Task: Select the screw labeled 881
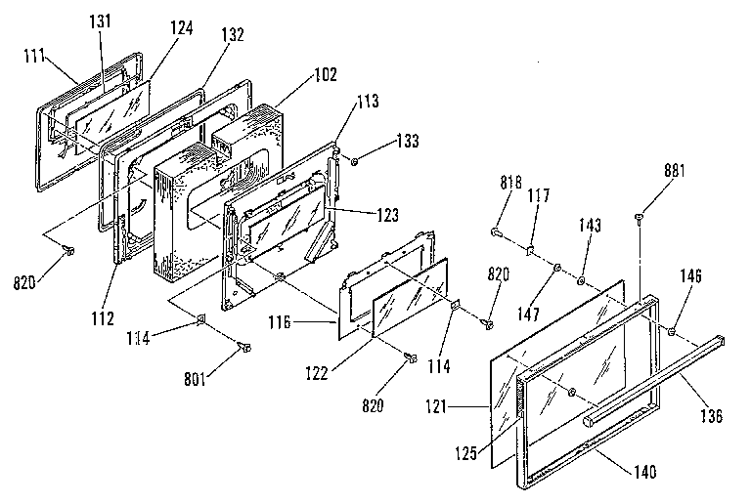pyautogui.click(x=638, y=218)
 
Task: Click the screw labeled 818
pyautogui.click(x=496, y=233)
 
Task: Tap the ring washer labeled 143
pyautogui.click(x=581, y=281)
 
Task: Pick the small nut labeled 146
pyautogui.click(x=674, y=333)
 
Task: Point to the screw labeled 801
pyautogui.click(x=243, y=347)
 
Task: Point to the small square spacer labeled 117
pyautogui.click(x=528, y=249)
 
